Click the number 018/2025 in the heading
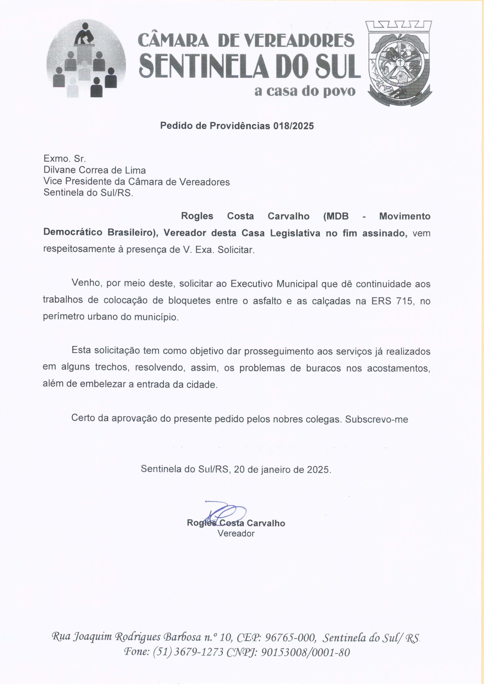point(294,126)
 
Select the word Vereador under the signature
point(236,533)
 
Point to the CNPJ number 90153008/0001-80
point(305,653)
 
